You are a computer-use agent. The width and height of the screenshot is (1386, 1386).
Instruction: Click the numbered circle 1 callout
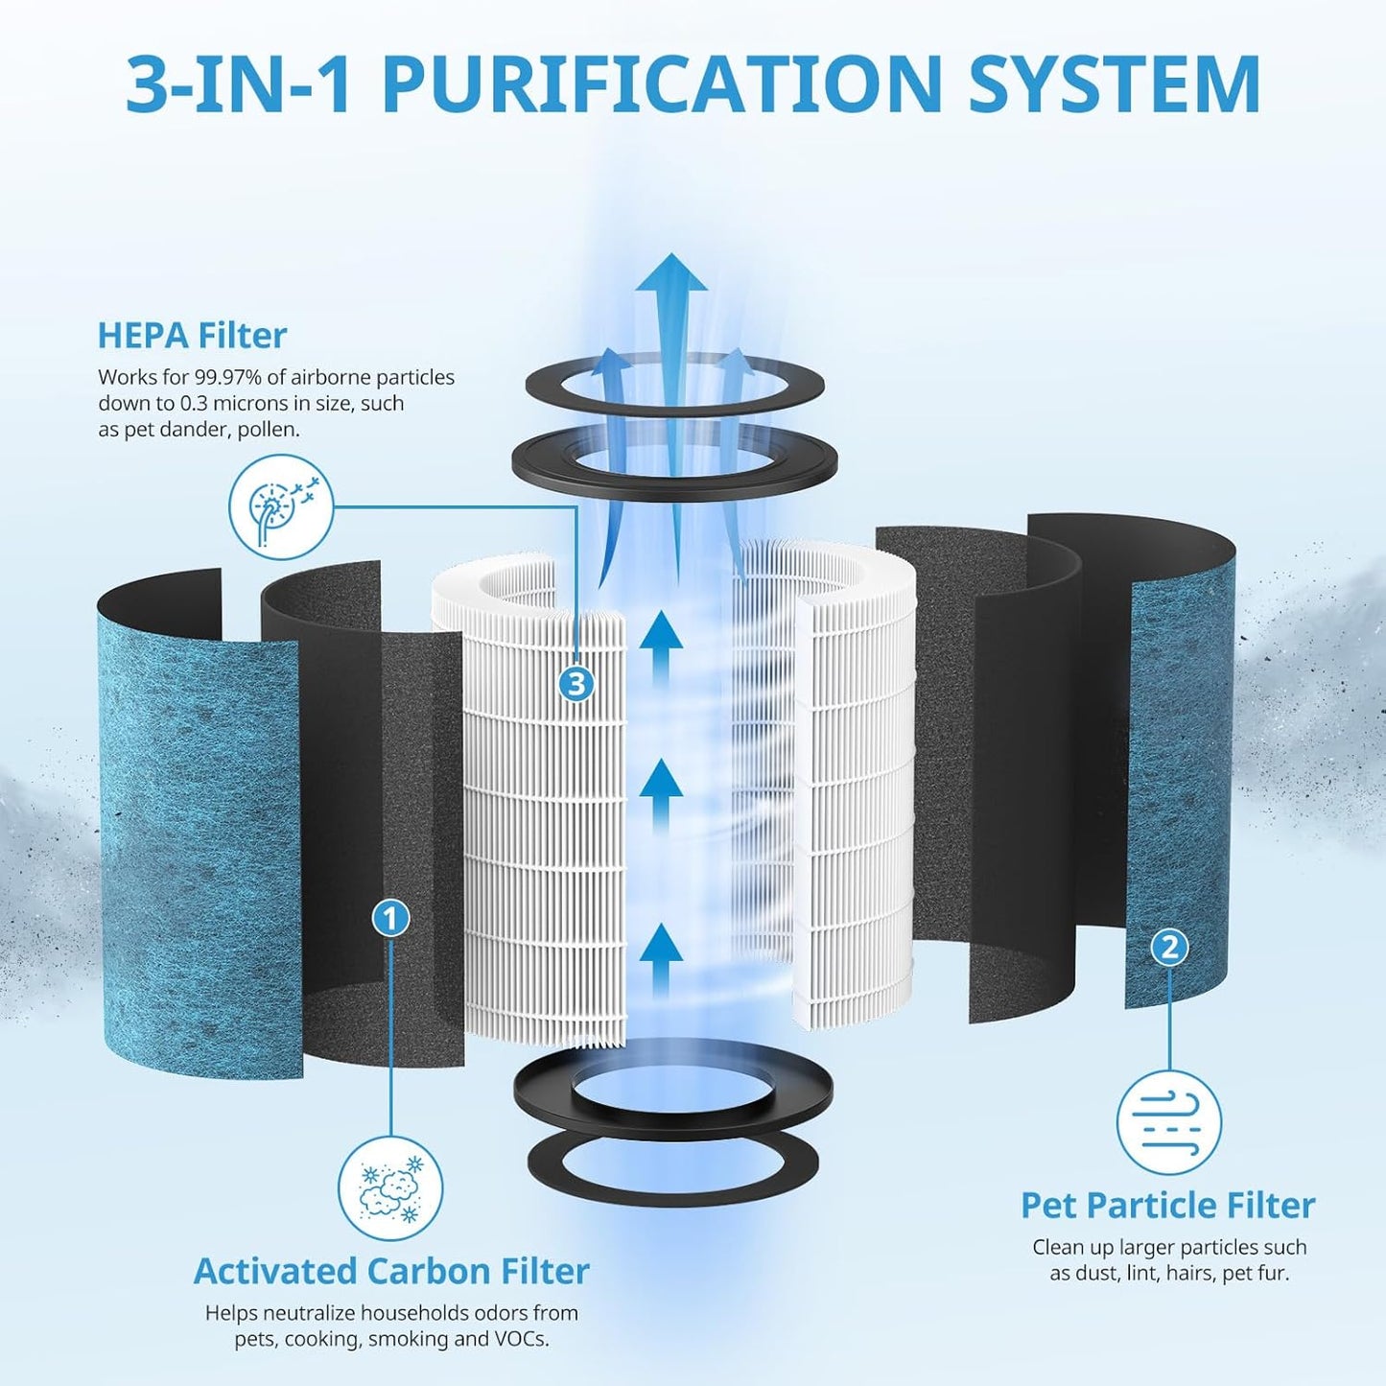(391, 918)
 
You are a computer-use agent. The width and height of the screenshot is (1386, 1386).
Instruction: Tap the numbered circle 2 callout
(1169, 948)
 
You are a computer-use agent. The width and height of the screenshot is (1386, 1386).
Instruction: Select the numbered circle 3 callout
(576, 683)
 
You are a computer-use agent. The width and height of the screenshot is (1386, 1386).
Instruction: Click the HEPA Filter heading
(192, 335)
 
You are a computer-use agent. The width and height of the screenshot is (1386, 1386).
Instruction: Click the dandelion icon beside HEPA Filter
(281, 507)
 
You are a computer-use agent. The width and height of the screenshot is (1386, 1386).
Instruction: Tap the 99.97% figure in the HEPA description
(223, 377)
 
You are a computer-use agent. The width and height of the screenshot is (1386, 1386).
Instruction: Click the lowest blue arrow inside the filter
(661, 960)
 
